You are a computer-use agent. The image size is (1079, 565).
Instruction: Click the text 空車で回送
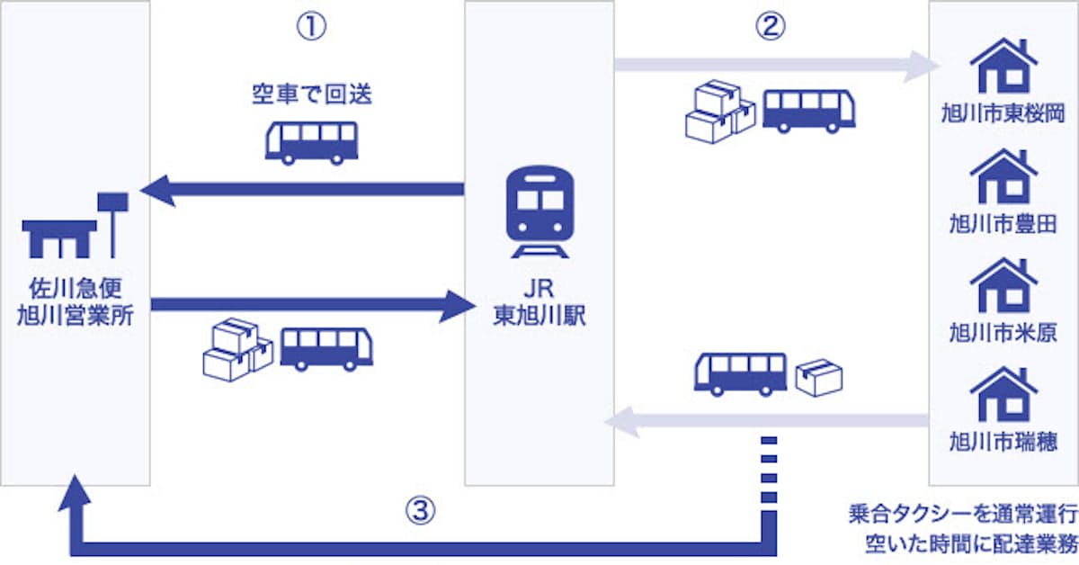pyautogui.click(x=311, y=96)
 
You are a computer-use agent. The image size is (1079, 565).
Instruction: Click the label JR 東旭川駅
pyautogui.click(x=538, y=306)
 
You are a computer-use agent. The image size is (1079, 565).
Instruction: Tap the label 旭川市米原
pyautogui.click(x=1003, y=334)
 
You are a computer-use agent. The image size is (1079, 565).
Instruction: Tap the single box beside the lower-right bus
pyautogui.click(x=818, y=378)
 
